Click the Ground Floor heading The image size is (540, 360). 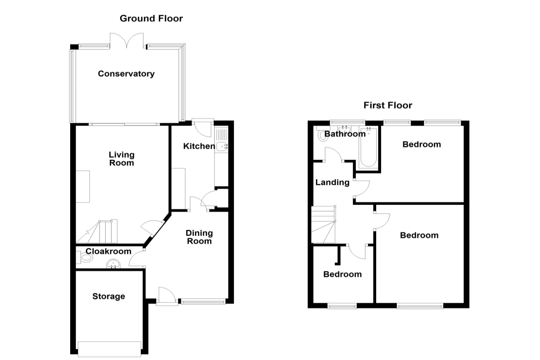[x=151, y=18]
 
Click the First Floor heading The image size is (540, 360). [x=387, y=105]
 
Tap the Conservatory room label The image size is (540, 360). [x=126, y=74]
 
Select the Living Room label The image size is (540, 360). [x=121, y=159]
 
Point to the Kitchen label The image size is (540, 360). [x=199, y=146]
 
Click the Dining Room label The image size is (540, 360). [x=199, y=237]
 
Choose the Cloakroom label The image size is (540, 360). [x=108, y=251]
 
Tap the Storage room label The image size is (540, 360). [x=108, y=297]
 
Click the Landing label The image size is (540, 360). [x=332, y=182]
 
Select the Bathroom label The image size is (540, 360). [x=345, y=134]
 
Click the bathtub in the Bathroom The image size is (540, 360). [x=368, y=147]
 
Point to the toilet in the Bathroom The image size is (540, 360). [x=322, y=133]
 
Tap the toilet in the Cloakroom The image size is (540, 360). [x=85, y=258]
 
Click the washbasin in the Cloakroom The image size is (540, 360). [x=113, y=264]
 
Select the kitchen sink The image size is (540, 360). [x=221, y=146]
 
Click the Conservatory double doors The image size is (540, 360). [x=127, y=40]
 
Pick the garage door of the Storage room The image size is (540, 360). [x=109, y=349]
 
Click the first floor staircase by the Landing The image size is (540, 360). [x=323, y=224]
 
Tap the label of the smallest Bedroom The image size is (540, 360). [x=342, y=274]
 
